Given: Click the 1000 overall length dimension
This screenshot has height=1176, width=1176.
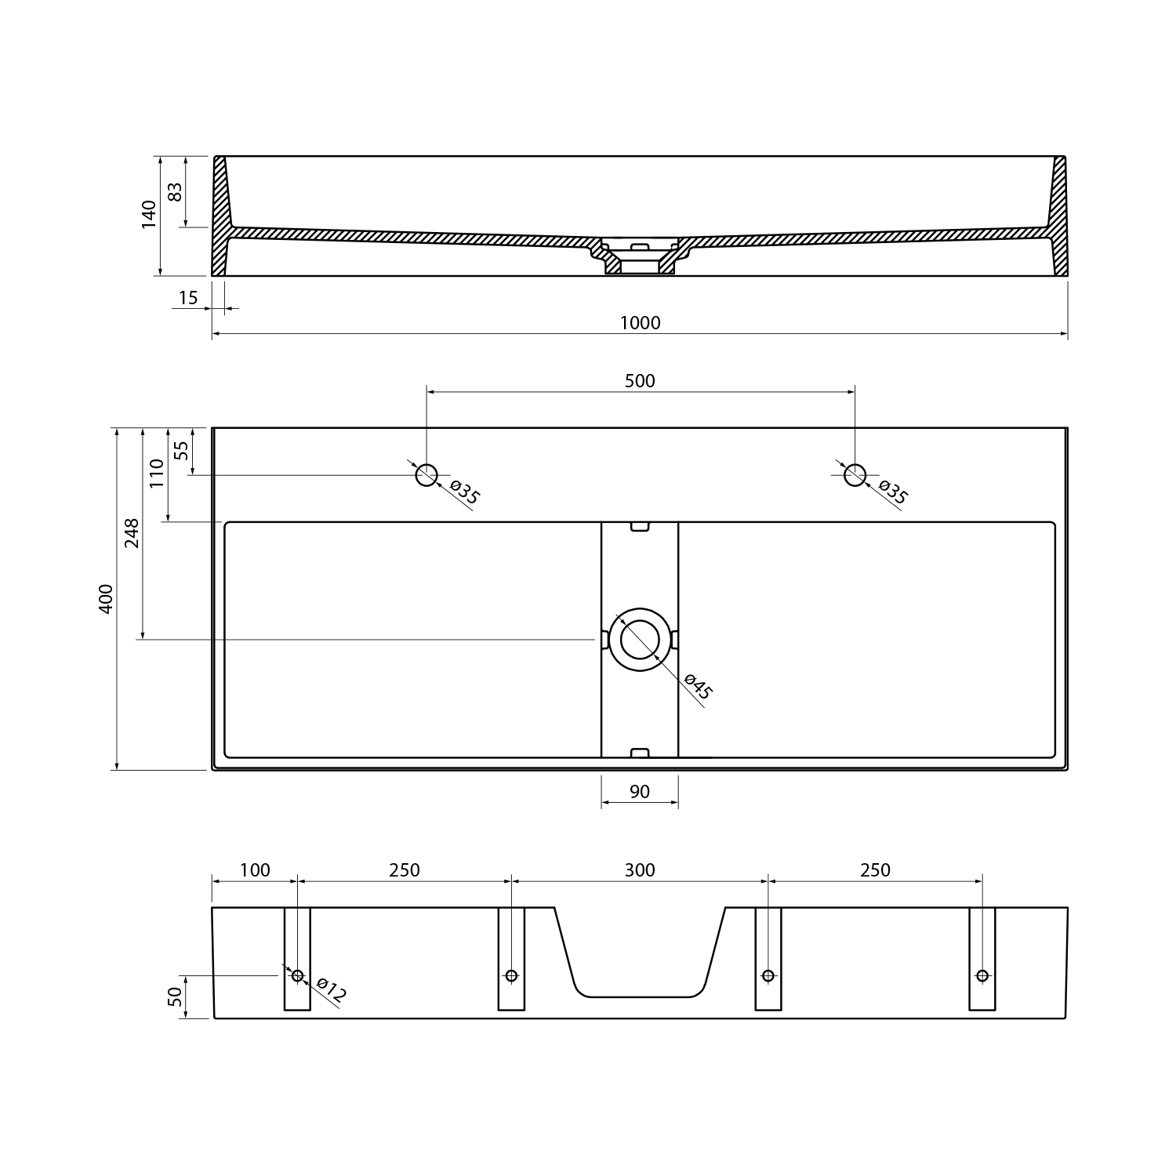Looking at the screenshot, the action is point(641,323).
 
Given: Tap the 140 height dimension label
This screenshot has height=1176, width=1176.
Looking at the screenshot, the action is point(149,215).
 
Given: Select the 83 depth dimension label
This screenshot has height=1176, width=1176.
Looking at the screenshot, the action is point(176,191).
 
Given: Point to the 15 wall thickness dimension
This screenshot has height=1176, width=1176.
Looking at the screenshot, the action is point(188,298).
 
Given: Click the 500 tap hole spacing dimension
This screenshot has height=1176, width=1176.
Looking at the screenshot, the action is point(640,381).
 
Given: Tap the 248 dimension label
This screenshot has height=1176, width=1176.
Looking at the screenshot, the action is point(132,533).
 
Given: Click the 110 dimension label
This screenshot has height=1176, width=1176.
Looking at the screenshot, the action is point(157,474).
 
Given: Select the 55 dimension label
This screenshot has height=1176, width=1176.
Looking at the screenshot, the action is point(181,451).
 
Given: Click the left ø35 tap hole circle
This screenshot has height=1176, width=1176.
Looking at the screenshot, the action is point(426,474).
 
